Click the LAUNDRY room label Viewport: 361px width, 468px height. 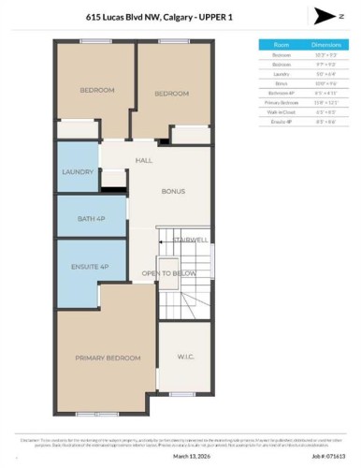click(78, 172)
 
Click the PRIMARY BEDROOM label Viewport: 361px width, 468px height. click(108, 358)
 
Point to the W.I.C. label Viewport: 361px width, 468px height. click(184, 356)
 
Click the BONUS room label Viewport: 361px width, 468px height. click(172, 191)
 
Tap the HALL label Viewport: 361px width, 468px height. click(143, 161)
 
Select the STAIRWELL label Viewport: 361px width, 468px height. click(190, 241)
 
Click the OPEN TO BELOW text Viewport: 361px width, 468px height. click(168, 273)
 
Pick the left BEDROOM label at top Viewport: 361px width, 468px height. click(97, 90)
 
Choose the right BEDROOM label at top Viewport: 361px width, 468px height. click(172, 94)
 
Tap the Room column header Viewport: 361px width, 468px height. click(281, 44)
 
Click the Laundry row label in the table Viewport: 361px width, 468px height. click(281, 74)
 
